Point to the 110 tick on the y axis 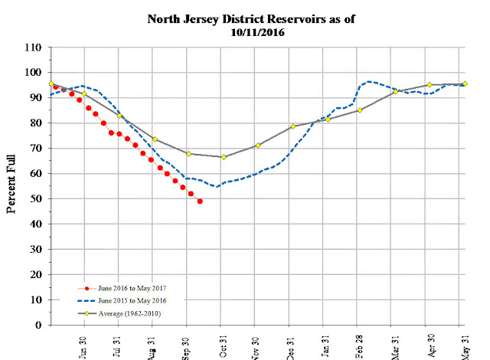34,47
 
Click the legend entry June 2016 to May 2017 119,289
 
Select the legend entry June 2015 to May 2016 119,301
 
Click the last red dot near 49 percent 200,201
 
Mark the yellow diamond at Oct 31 223,157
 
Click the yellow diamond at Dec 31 292,126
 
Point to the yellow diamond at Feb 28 360,110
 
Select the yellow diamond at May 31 465,83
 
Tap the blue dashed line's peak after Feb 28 370,81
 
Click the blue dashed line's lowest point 217,186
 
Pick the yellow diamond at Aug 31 155,139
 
